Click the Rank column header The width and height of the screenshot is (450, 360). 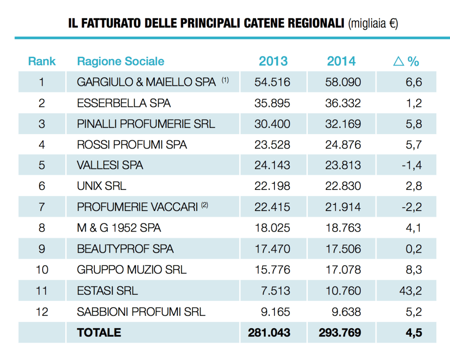click(x=42, y=61)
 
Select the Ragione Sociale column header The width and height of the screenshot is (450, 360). click(x=121, y=61)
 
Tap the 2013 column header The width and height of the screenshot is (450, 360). click(x=273, y=61)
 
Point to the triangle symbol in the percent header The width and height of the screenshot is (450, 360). click(x=398, y=61)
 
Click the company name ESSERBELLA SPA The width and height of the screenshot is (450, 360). click(x=124, y=103)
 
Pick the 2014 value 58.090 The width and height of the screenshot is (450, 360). click(x=343, y=82)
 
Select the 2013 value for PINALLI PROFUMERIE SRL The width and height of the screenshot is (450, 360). click(x=272, y=124)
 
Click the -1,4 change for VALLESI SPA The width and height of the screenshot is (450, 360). click(x=412, y=165)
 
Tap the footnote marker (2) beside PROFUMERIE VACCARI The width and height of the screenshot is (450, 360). click(x=205, y=205)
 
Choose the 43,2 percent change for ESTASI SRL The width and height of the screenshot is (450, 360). click(x=412, y=291)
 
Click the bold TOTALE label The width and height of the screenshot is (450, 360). click(x=99, y=332)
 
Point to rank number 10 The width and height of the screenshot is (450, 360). click(x=42, y=270)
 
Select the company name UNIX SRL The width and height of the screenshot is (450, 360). click(x=101, y=186)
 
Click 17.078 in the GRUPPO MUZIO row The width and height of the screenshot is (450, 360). click(x=343, y=270)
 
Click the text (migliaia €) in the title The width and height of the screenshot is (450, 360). click(x=374, y=24)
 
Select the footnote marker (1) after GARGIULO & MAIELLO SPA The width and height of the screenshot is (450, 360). click(x=225, y=80)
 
